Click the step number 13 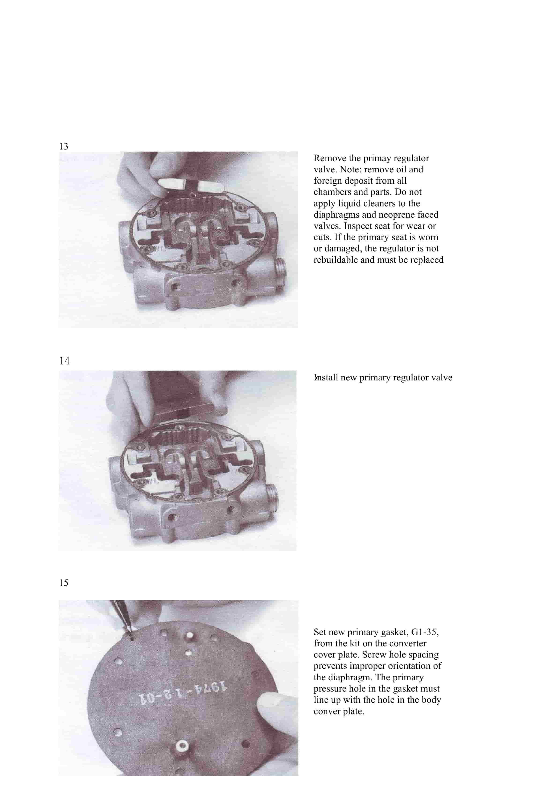pos(63,146)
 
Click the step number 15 pos(63,582)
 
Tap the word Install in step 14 pos(326,378)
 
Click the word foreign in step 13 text pos(327,181)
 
